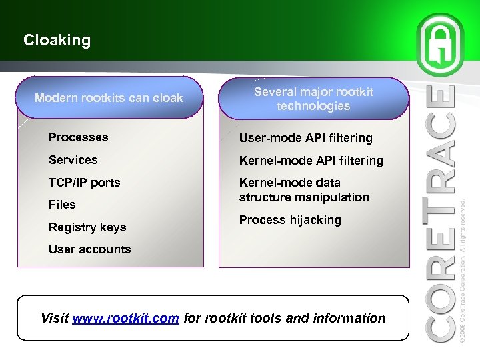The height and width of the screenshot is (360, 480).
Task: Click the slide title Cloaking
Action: tap(57, 41)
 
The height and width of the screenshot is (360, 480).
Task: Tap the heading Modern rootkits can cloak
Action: tap(109, 99)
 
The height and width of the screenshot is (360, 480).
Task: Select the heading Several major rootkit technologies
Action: tap(313, 99)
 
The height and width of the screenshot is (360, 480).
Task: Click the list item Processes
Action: tap(78, 137)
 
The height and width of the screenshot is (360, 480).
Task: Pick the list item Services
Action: tap(73, 160)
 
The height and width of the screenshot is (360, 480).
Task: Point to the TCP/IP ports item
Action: tap(84, 183)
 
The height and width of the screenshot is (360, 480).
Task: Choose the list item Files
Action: tap(62, 205)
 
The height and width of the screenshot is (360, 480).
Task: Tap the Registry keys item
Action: tap(87, 227)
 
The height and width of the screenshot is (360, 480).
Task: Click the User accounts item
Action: tap(89, 249)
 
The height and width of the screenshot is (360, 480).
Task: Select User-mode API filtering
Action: tap(305, 138)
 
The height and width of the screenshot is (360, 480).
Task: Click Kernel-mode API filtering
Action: tap(311, 161)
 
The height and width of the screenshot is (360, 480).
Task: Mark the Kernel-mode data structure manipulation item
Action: tap(303, 190)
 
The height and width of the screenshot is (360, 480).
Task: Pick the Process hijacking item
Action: tap(290, 220)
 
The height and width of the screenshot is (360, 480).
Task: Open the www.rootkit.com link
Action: tap(125, 319)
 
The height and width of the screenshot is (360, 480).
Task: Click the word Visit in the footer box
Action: tap(55, 319)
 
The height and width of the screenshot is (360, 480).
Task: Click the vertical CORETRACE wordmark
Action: tap(441, 213)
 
